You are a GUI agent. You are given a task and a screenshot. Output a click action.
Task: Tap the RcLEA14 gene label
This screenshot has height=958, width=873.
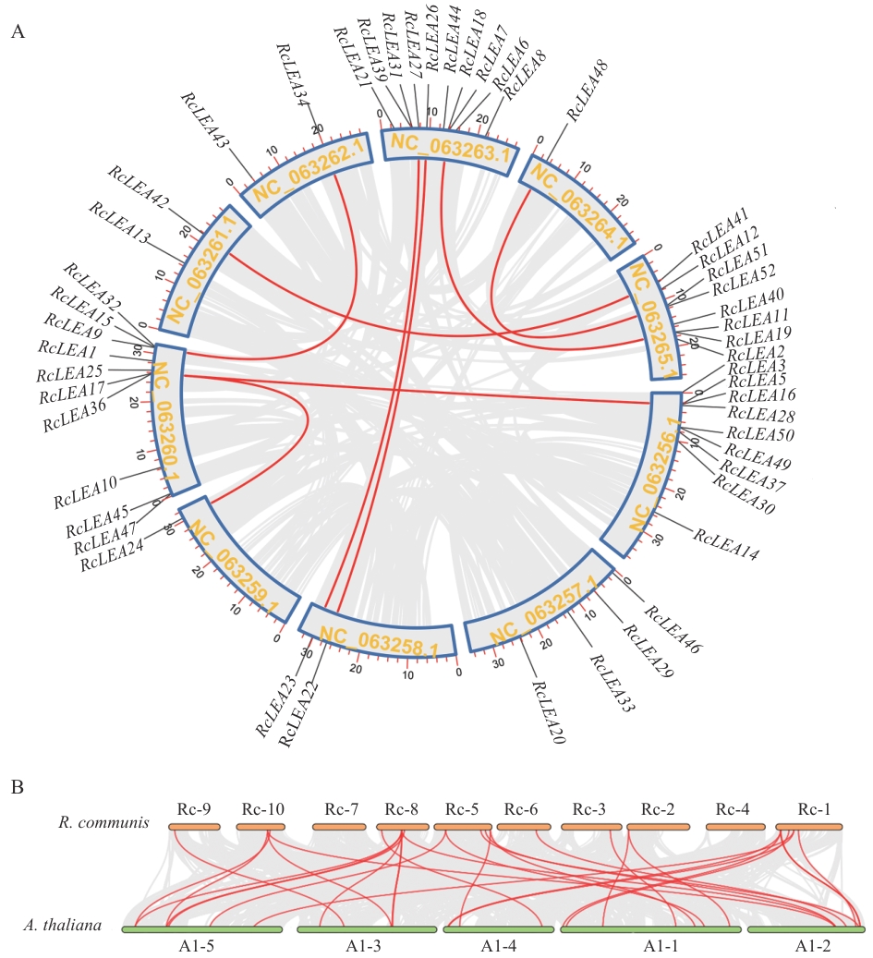click(726, 546)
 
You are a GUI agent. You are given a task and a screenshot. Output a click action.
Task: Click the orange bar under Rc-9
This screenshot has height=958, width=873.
click(195, 826)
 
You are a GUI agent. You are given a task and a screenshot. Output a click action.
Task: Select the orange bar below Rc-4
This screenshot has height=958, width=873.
click(734, 826)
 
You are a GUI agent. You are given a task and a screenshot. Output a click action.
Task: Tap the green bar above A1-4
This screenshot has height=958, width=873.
click(498, 929)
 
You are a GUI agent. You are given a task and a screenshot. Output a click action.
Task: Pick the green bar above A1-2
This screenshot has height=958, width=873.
click(805, 929)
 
